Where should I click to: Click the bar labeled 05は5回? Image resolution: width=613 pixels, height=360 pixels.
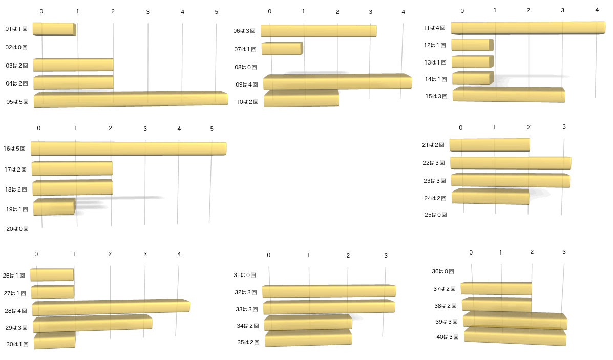[131, 99]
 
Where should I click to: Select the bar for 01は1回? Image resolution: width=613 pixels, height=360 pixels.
[54, 29]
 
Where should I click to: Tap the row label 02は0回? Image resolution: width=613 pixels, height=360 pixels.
[16, 47]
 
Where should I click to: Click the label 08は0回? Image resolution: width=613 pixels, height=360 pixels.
[246, 67]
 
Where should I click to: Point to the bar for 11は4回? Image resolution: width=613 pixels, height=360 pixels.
[527, 28]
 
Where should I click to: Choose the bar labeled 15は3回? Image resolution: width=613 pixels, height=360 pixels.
[508, 95]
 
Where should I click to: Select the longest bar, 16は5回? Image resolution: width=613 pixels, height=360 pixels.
[128, 149]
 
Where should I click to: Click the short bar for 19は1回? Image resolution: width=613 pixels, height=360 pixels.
[54, 207]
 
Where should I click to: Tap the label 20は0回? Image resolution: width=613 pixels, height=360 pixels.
[17, 229]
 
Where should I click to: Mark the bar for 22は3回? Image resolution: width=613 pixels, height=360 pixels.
[510, 163]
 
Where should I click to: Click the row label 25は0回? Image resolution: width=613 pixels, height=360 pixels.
[436, 215]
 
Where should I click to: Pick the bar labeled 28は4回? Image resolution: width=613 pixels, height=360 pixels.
[111, 307]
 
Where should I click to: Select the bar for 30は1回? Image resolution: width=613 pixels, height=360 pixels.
[54, 341]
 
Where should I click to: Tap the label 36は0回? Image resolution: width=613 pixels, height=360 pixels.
[443, 271]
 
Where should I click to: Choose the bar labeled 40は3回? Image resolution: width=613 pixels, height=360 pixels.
[515, 335]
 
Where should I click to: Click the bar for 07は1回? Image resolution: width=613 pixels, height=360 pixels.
[282, 49]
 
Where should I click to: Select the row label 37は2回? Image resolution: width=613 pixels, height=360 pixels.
[445, 289]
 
